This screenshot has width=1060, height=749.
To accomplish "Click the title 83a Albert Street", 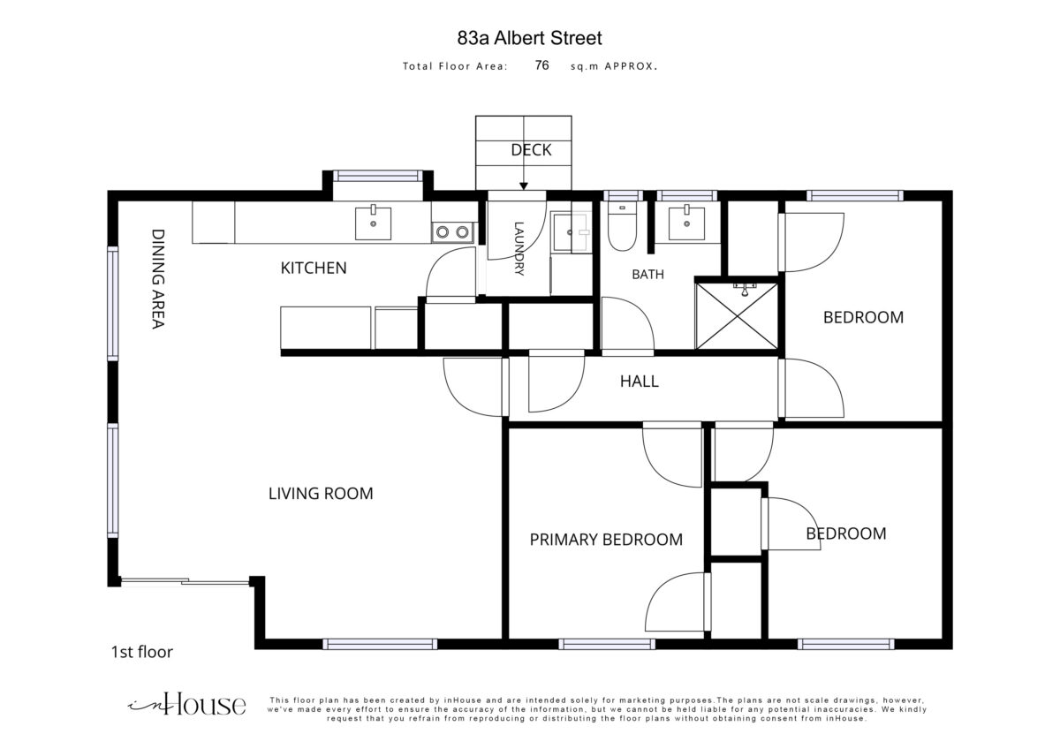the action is [x=529, y=38].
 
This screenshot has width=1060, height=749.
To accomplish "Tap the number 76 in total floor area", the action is [x=541, y=65].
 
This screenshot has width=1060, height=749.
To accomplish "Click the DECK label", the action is [x=531, y=150].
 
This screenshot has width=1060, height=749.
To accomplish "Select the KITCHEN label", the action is [x=314, y=269].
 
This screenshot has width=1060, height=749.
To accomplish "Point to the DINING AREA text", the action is [x=157, y=279].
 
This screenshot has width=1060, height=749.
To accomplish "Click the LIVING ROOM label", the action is [x=321, y=494].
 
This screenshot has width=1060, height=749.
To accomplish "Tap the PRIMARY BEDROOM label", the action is [x=606, y=540].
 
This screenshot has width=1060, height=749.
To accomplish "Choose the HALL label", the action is [x=639, y=382].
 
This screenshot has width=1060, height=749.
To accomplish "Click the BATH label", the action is [x=647, y=275].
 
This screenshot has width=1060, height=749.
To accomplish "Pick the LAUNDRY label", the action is [x=519, y=248].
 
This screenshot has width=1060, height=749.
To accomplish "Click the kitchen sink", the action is [x=374, y=223].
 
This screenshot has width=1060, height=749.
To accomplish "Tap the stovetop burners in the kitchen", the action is [x=452, y=231].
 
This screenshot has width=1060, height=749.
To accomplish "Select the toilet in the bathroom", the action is [x=622, y=227].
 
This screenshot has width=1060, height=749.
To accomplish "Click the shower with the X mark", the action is [x=737, y=315].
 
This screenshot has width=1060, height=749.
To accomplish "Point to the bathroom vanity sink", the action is [x=686, y=223].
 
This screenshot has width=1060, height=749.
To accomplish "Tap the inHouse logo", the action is [x=187, y=706].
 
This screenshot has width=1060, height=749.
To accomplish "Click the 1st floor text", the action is [x=142, y=652].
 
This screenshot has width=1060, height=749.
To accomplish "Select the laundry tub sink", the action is [x=572, y=232].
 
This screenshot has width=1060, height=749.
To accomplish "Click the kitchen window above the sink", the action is [x=378, y=176].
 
